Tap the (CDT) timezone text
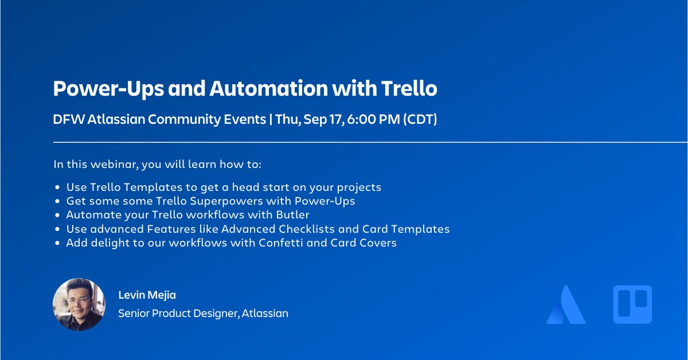click(x=420, y=119)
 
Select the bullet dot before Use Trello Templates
click(x=57, y=187)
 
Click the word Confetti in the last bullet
click(x=288, y=242)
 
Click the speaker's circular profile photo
click(x=79, y=304)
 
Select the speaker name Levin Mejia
click(x=147, y=295)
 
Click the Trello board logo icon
click(x=632, y=304)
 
